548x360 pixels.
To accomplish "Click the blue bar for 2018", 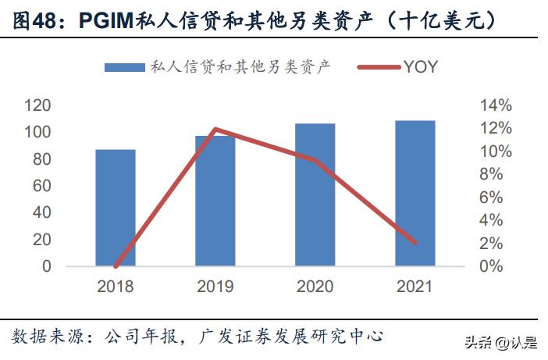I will click(116, 207).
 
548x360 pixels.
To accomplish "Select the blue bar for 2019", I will click(215, 201).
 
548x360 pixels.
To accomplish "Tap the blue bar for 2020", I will click(315, 194).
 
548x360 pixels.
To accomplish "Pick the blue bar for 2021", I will click(415, 193).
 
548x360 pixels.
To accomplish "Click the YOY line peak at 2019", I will click(215, 129).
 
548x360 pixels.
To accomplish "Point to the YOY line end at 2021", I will click(415, 242).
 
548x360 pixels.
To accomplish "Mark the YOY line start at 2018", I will click(116, 266).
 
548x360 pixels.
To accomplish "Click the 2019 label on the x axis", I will click(215, 287).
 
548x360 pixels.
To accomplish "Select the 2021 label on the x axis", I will click(415, 287).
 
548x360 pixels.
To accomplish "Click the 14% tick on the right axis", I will click(496, 105).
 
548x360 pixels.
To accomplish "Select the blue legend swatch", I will click(125, 67).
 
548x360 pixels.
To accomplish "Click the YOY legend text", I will click(421, 67).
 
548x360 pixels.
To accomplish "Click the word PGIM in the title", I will click(107, 21).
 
